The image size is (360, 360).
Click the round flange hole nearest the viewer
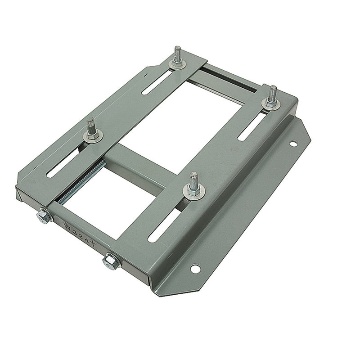click(x=195, y=269)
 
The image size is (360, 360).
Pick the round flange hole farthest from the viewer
click(x=293, y=144)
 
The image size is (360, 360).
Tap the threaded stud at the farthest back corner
click(x=177, y=54)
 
